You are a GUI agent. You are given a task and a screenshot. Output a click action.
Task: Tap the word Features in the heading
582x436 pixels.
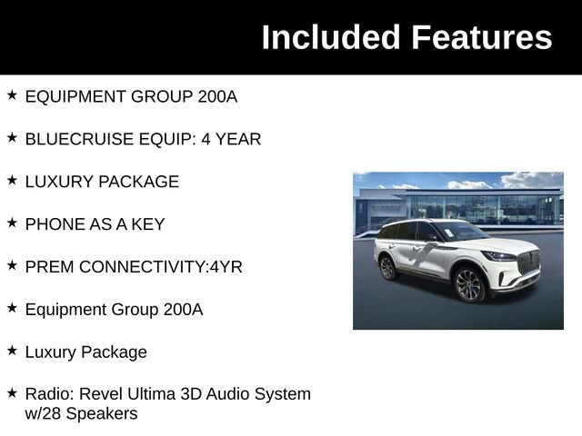(x=482, y=37)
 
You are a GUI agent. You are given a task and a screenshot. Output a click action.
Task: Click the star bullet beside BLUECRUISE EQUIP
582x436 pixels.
(x=12, y=138)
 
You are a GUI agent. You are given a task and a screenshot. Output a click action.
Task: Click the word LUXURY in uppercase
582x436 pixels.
(x=55, y=182)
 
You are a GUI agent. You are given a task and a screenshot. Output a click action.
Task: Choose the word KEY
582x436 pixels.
(x=147, y=224)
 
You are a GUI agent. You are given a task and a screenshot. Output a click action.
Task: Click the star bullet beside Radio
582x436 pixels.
(x=12, y=393)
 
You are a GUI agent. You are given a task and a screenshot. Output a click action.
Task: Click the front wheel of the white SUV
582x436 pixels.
(x=468, y=285)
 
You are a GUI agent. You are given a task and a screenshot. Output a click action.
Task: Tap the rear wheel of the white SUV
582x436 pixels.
(x=387, y=267)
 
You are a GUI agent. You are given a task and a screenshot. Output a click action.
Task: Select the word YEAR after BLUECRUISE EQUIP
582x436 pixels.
(x=240, y=139)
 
